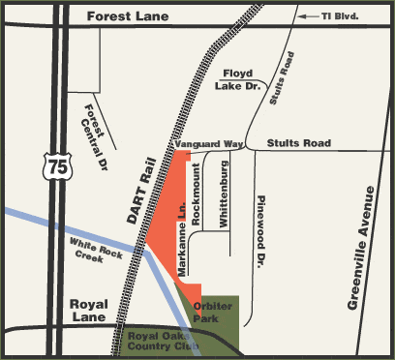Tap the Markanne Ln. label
[181, 249]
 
